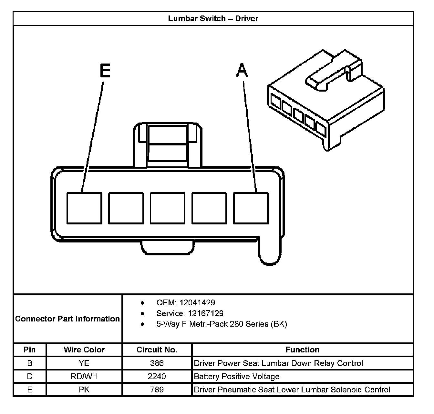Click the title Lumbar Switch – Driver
[x=213, y=18]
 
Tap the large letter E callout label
[x=105, y=71]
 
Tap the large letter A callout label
[x=242, y=70]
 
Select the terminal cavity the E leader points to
[x=84, y=208]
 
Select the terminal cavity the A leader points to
[x=251, y=208]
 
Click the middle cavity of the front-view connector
[x=168, y=208]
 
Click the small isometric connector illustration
[x=326, y=100]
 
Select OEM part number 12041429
[x=197, y=303]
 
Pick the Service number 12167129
[x=206, y=313]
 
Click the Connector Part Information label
[x=67, y=319]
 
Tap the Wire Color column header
[x=84, y=350]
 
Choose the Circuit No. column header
[x=157, y=350]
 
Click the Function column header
[x=302, y=350]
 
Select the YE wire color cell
[x=84, y=363]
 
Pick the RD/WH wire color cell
[x=84, y=377]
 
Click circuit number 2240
[x=157, y=377]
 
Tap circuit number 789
[x=157, y=390]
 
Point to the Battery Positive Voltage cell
[x=237, y=377]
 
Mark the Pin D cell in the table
[x=30, y=377]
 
